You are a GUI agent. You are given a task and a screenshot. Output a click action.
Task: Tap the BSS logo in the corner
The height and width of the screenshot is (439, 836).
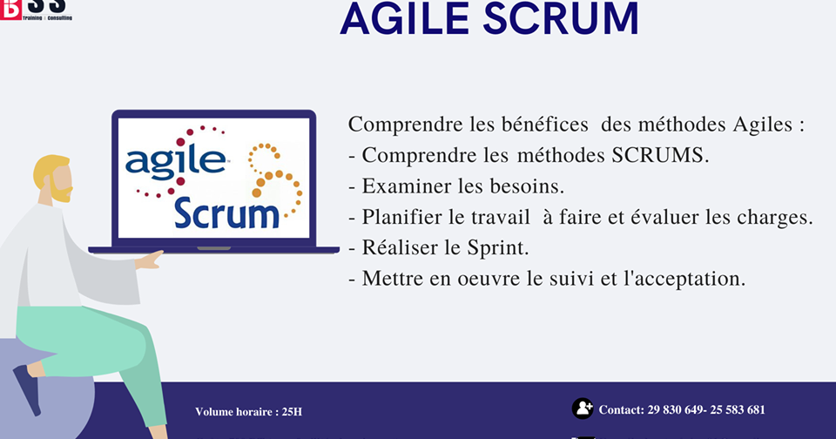pyautogui.click(x=35, y=9)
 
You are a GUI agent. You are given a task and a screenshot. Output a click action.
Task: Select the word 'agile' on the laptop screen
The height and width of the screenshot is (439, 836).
pyautogui.click(x=174, y=161)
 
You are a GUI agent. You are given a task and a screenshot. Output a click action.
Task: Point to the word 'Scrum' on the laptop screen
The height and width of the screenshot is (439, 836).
pyautogui.click(x=226, y=212)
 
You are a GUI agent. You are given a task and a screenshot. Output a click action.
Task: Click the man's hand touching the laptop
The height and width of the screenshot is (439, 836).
pyautogui.click(x=151, y=258)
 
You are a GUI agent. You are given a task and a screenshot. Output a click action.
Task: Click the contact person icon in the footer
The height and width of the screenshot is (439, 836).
pyautogui.click(x=583, y=409)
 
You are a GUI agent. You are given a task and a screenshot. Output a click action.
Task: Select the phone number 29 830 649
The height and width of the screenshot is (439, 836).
pyautogui.click(x=676, y=409)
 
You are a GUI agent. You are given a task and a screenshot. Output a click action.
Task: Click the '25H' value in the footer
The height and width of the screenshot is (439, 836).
pyautogui.click(x=291, y=412)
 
